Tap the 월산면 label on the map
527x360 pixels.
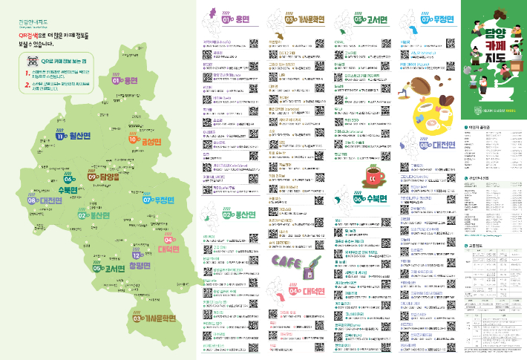(x=73, y=135)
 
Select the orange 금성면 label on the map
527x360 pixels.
(x=146, y=140)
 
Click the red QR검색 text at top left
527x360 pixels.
(x=32, y=35)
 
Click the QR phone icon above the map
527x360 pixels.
(x=32, y=59)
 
